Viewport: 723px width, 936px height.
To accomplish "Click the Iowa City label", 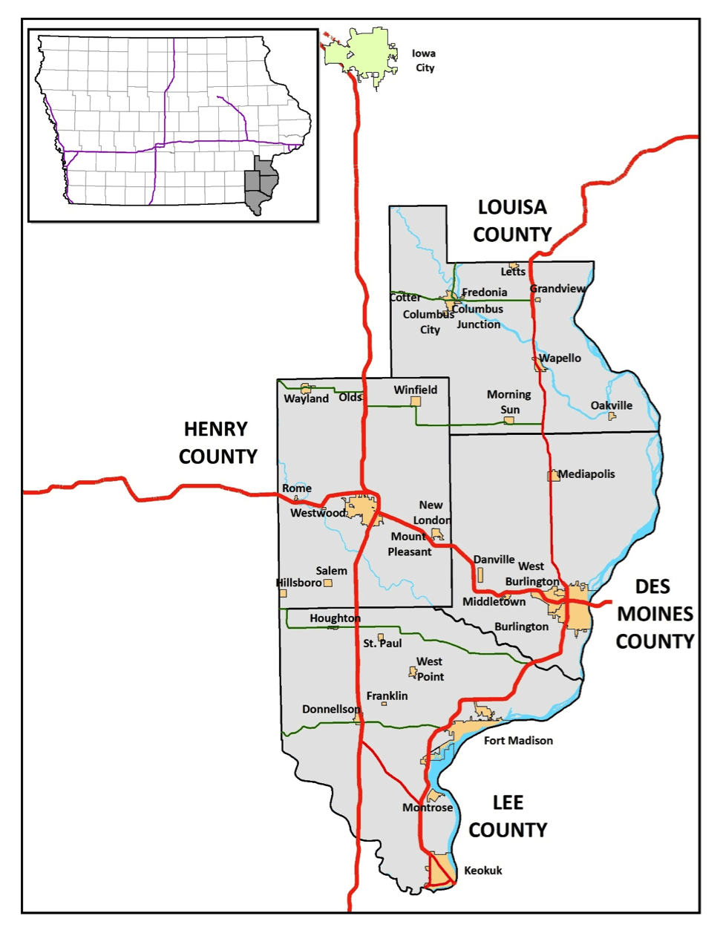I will [425, 61].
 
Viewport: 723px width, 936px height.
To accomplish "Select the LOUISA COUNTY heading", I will [512, 220].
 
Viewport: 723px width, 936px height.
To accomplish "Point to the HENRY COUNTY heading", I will [218, 442].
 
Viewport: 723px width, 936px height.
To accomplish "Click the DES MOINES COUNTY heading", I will [655, 614].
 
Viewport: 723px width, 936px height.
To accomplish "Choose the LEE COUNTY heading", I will [508, 816].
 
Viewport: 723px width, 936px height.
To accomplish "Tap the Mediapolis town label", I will [586, 474].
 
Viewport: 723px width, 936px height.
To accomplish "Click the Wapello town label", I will [560, 358].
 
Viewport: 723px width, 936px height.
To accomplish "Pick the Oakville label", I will [612, 405].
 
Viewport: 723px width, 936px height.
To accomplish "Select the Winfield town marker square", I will [416, 402].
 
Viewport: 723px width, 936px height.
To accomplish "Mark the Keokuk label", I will [483, 870].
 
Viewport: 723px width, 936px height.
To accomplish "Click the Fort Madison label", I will [518, 740].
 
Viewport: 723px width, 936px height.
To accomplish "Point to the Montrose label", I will [428, 808].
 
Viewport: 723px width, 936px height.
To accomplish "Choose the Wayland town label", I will [306, 399].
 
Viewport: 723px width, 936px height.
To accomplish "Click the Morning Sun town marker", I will [509, 421].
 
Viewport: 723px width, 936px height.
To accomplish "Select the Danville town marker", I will [480, 575].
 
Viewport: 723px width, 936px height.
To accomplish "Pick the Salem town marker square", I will [328, 583].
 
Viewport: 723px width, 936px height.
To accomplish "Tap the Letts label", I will [513, 272].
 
